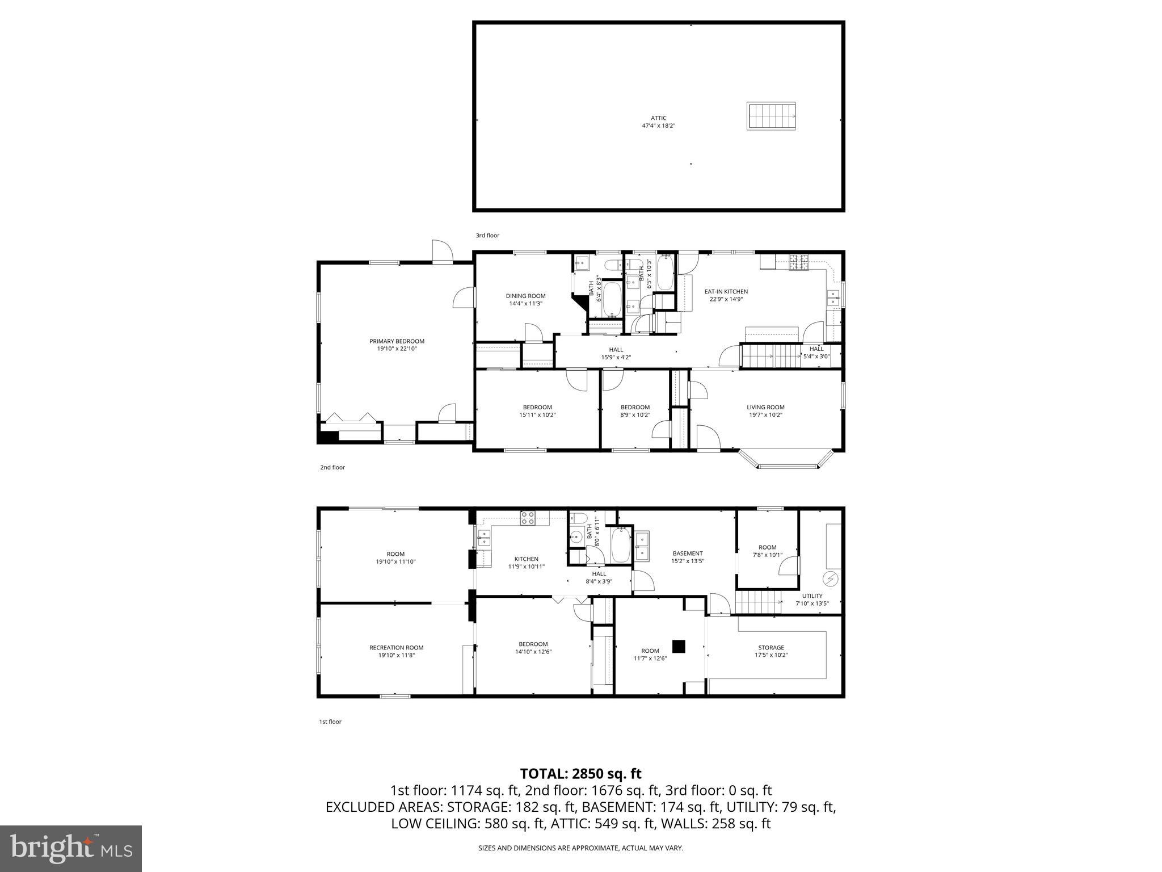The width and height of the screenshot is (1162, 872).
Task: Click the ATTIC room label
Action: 658,118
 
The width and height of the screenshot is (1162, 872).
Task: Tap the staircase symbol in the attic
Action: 771,116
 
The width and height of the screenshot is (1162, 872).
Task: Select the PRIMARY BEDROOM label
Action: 397,341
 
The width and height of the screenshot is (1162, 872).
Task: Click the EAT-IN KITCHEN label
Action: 726,292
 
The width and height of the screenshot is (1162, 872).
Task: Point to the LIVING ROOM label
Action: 765,407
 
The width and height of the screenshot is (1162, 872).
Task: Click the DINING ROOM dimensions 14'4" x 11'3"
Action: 525,304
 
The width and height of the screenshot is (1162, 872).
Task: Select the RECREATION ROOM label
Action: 396,647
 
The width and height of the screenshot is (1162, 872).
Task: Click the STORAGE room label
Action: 771,647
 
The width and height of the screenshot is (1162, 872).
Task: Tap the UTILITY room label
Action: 812,596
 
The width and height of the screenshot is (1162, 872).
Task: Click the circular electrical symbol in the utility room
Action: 830,578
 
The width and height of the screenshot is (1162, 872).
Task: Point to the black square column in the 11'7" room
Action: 679,646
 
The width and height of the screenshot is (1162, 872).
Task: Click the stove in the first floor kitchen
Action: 528,517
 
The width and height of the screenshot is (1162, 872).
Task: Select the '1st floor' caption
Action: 330,722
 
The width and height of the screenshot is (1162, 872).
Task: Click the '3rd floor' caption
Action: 487,235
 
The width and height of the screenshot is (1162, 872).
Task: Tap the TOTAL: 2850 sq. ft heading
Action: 580,773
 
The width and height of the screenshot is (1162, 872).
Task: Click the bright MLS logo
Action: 71,848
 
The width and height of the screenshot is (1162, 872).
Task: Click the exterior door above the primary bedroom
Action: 442,252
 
